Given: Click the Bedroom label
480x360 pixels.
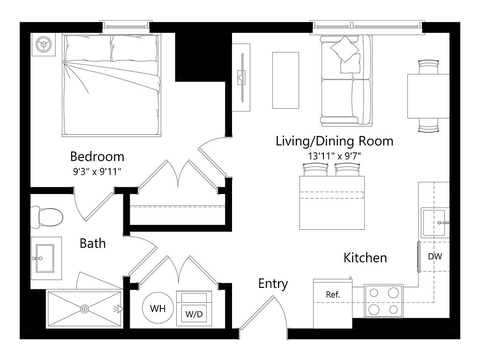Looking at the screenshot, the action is [x=97, y=157].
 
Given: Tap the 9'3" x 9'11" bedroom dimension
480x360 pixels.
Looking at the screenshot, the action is [x=97, y=172].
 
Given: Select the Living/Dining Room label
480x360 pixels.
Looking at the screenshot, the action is [x=334, y=141].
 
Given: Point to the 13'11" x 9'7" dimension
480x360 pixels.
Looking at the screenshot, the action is [x=334, y=156].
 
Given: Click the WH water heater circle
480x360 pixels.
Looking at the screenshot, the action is [x=158, y=308].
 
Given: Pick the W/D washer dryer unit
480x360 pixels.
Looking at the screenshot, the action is [x=194, y=308].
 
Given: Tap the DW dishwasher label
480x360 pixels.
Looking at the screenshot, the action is [x=435, y=256].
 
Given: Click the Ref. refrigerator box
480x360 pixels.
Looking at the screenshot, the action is [x=333, y=303].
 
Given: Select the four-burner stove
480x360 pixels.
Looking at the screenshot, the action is [x=383, y=301].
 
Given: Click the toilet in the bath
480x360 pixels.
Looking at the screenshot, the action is [x=47, y=217].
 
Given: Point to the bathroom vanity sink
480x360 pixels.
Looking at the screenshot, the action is [x=45, y=258].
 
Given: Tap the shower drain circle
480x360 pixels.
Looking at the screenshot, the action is [x=84, y=309].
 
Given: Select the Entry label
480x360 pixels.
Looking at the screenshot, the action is [x=273, y=284].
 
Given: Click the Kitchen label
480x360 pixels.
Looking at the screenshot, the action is [x=365, y=258].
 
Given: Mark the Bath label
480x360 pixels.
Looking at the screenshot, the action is [x=93, y=243].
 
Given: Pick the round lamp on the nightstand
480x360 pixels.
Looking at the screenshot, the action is [x=44, y=45].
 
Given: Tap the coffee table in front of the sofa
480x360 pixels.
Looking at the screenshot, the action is [x=285, y=80].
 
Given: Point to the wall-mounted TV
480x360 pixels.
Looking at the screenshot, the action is [x=242, y=77].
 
